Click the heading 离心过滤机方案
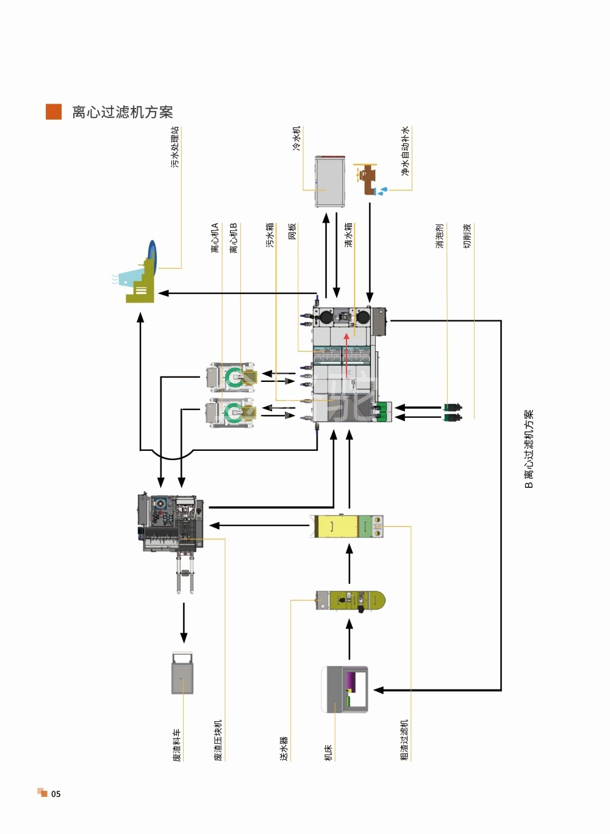(x=122, y=112)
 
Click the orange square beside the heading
(x=54, y=112)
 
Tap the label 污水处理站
(x=175, y=147)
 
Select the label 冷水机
(x=296, y=138)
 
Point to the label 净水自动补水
(x=405, y=151)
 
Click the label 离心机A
(x=215, y=238)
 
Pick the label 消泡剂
(x=439, y=236)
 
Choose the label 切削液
(x=467, y=236)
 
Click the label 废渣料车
(x=177, y=745)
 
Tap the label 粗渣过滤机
(x=404, y=740)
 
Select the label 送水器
(x=284, y=748)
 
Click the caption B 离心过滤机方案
(x=529, y=448)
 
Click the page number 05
(x=56, y=794)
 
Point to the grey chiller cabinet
(x=330, y=182)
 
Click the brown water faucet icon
(x=368, y=179)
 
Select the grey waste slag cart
(x=182, y=673)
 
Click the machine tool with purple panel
(x=345, y=689)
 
